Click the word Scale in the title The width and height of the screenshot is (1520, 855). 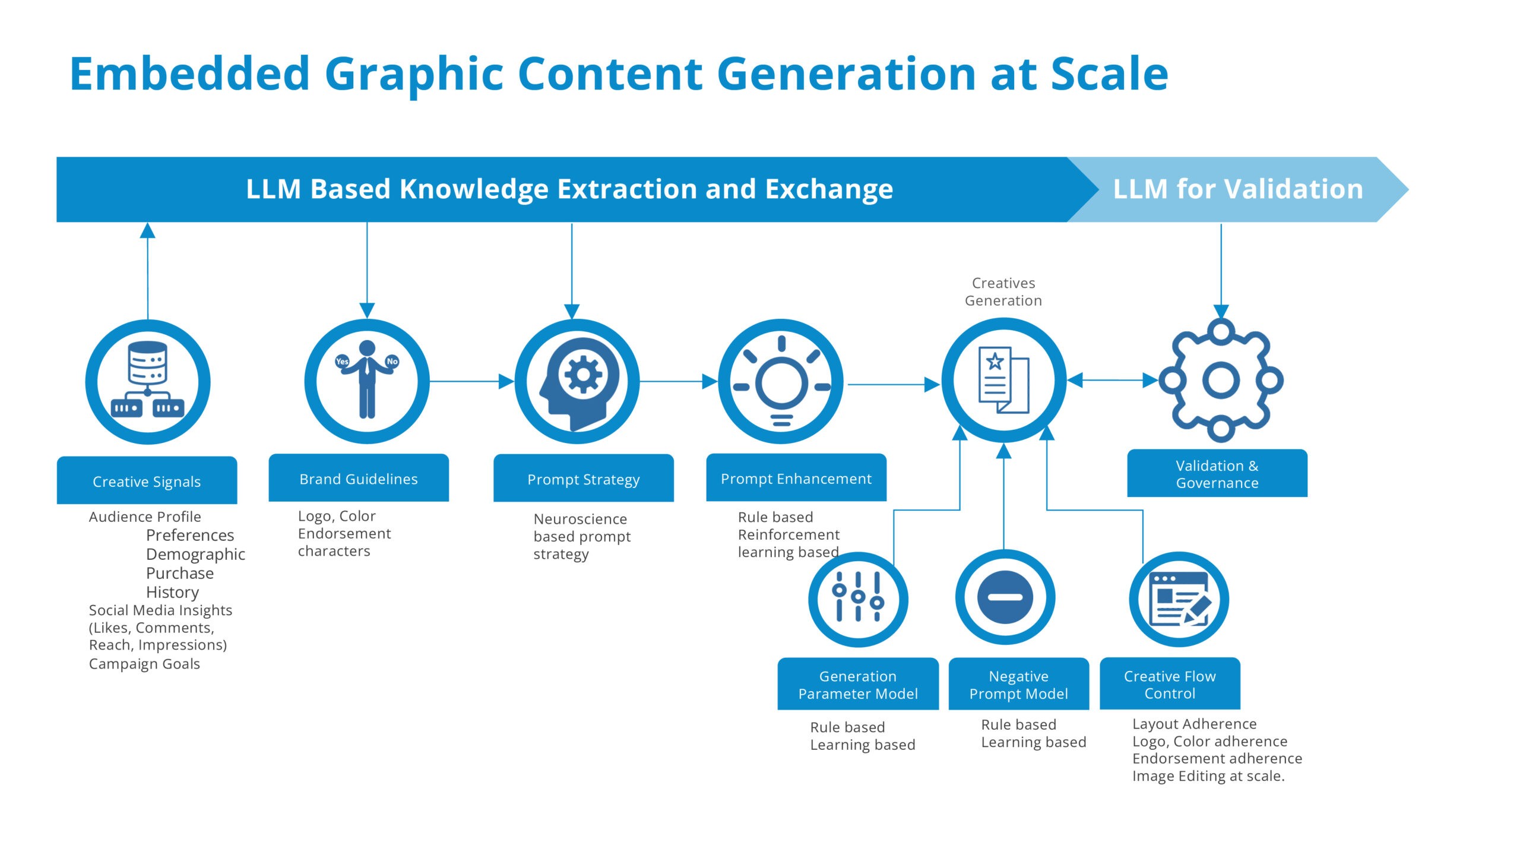pos(1109,74)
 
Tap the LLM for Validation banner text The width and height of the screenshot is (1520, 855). pos(1237,189)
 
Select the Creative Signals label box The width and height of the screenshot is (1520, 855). pos(147,481)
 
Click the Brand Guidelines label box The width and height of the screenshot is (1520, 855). pos(359,479)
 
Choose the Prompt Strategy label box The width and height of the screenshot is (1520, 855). pos(583,479)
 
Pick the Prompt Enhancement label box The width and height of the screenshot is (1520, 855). pos(796,479)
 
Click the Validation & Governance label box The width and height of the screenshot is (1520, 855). pos(1217,474)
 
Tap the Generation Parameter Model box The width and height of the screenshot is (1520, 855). pos(857,685)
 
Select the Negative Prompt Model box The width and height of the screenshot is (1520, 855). pos(1018,685)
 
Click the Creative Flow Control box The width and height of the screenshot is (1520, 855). pos(1169,685)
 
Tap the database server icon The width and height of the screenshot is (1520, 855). pos(148,380)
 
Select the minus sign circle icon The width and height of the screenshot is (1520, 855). pos(1005,597)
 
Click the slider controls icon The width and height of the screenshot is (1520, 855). pos(857,597)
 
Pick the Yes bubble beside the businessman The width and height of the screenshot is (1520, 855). pos(342,361)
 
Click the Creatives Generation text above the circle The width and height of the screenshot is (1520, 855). pos(1003,292)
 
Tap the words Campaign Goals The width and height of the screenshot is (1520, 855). pos(144,664)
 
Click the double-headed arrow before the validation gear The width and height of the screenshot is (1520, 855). pos(1111,380)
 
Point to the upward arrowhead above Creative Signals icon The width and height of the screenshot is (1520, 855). pos(147,231)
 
